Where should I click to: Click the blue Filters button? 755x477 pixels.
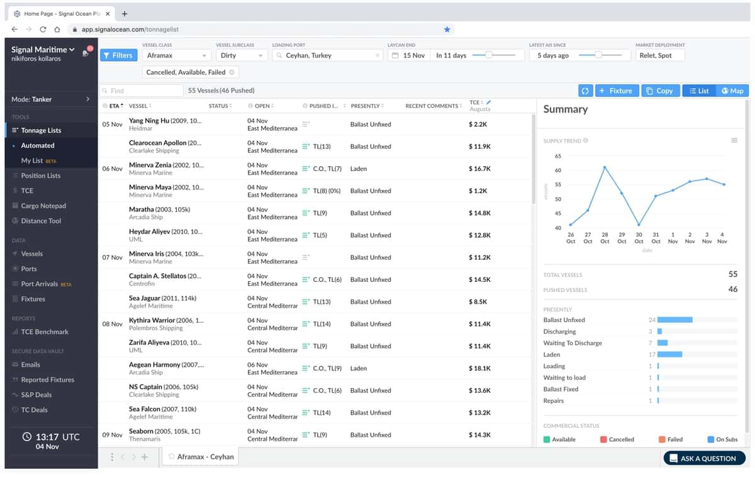pos(118,55)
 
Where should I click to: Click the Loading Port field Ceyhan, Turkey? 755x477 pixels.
pos(327,55)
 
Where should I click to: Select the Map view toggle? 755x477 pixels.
pos(732,91)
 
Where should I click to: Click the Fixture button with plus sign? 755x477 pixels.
pos(617,91)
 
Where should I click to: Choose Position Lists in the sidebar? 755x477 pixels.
pos(40,176)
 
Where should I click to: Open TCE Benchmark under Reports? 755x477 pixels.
pos(44,332)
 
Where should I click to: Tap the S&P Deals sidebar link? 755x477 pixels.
pos(36,395)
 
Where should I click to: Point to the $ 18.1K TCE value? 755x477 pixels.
pos(479,368)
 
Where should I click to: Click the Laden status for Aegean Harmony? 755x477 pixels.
pos(359,368)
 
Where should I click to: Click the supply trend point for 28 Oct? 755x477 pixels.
pos(605,167)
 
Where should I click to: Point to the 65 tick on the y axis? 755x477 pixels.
pos(558,156)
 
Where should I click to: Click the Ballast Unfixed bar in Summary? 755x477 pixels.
pos(674,320)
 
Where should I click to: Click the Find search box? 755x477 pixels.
pos(142,91)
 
